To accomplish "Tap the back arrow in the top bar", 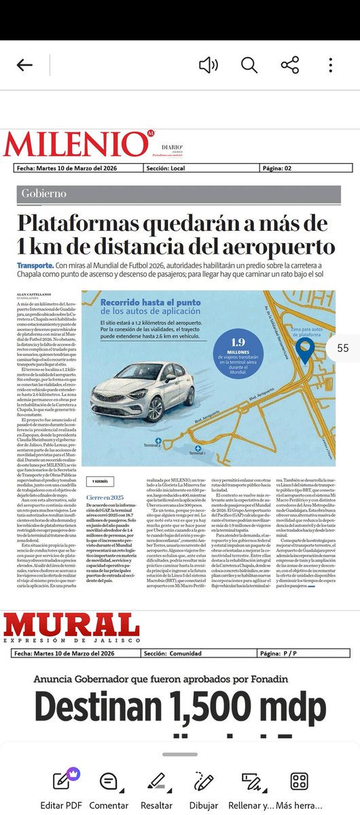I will [24, 65].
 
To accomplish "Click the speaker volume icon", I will [208, 65].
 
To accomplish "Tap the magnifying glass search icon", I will [249, 65].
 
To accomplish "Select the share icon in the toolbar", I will [290, 65].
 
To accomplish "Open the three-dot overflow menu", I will [330, 65].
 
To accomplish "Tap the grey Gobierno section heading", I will [43, 194].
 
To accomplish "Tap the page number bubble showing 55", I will [342, 348].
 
